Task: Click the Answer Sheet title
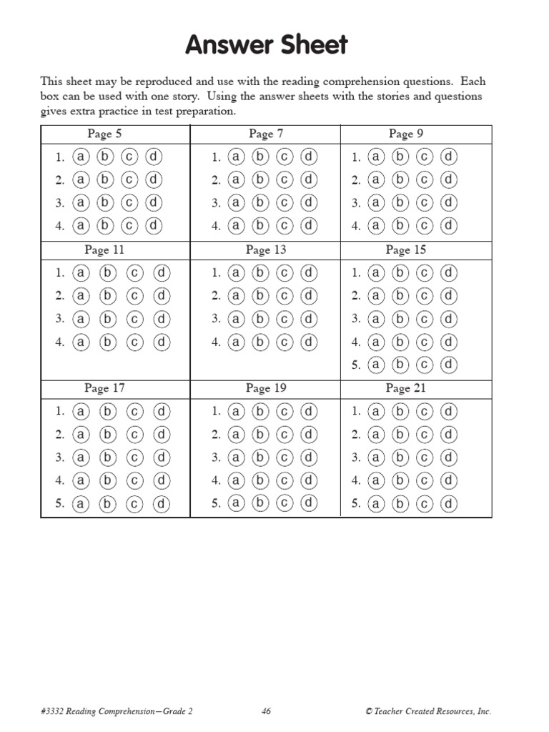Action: point(267,45)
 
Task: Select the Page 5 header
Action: point(104,134)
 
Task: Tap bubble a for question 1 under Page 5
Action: point(81,157)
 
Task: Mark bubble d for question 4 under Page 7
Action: point(308,226)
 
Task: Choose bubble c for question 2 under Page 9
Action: point(424,179)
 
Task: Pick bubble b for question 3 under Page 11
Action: point(107,319)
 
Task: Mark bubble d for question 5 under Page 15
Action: point(448,365)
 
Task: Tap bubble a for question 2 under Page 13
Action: point(237,295)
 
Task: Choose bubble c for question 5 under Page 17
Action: point(134,504)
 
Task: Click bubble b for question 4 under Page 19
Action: point(260,480)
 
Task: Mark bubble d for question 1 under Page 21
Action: point(448,411)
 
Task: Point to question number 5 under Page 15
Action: point(355,365)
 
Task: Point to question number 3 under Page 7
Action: point(215,204)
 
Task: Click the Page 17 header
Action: point(104,388)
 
